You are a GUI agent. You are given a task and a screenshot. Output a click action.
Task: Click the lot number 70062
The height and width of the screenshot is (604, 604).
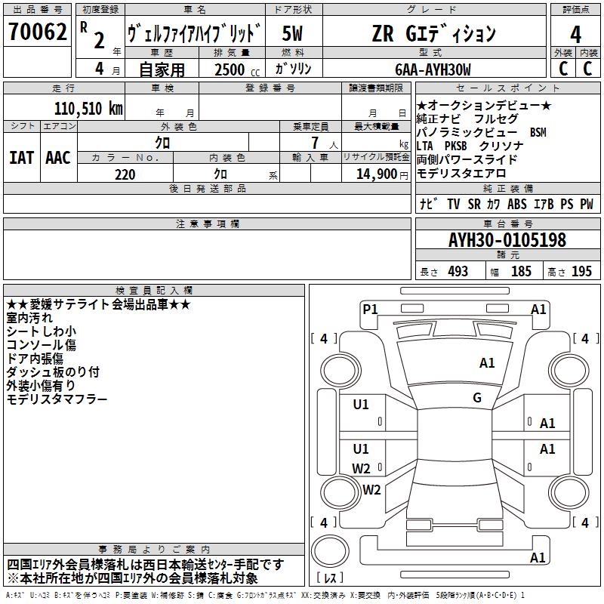pyautogui.click(x=37, y=33)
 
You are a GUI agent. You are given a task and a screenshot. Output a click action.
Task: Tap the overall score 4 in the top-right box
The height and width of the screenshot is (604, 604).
pyautogui.click(x=575, y=34)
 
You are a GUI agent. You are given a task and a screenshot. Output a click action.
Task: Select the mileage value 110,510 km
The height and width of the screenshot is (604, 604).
pyautogui.click(x=88, y=108)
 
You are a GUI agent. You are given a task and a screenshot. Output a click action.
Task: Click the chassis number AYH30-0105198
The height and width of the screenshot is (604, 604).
pyautogui.click(x=507, y=241)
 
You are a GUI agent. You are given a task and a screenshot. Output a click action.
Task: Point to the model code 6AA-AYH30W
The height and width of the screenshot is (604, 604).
pyautogui.click(x=433, y=69)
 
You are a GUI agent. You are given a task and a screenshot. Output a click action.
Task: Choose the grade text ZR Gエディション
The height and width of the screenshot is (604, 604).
pyautogui.click(x=433, y=34)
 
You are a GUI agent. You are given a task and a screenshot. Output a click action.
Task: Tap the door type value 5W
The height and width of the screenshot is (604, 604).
pyautogui.click(x=293, y=34)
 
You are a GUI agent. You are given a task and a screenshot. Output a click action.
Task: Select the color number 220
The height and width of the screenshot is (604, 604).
pyautogui.click(x=125, y=174)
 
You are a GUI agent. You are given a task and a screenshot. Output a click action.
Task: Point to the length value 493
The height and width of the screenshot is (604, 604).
pyautogui.click(x=458, y=272)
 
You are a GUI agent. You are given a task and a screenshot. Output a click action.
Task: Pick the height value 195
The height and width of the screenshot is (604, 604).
pyautogui.click(x=581, y=272)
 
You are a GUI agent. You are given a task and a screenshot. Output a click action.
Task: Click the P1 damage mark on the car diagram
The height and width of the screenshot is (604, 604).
pyautogui.click(x=370, y=309)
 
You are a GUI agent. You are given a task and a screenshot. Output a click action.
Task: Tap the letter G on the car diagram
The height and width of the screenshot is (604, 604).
pyautogui.click(x=477, y=398)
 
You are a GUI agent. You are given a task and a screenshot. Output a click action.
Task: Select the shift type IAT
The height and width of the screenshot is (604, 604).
pyautogui.click(x=21, y=158)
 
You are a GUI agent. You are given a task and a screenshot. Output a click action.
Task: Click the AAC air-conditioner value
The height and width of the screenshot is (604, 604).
pyautogui.click(x=58, y=158)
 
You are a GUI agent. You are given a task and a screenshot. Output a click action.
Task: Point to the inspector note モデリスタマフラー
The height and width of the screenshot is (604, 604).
pyautogui.click(x=57, y=399)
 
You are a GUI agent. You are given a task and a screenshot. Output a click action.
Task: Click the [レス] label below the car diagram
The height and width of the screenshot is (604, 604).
pyautogui.click(x=331, y=578)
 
